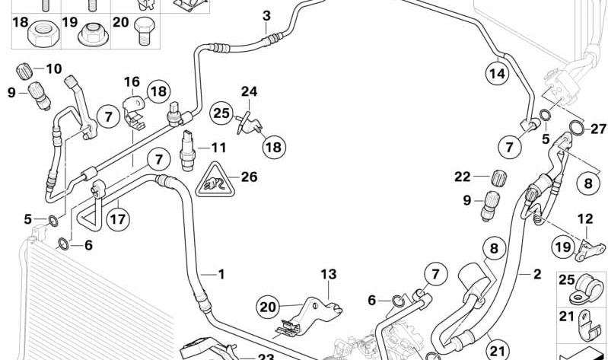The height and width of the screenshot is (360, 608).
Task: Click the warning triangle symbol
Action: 215,180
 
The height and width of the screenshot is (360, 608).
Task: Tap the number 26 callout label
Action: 249,177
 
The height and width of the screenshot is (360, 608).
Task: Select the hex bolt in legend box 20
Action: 144,30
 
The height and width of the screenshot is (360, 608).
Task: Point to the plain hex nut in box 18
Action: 43,33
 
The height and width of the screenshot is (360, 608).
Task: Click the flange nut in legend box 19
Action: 93,34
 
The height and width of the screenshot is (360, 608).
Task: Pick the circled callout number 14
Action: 498,73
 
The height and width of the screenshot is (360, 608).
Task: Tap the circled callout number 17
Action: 118,219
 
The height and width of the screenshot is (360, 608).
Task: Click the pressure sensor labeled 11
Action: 187,151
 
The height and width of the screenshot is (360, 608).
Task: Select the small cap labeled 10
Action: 24,72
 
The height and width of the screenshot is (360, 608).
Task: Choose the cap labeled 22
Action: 498,178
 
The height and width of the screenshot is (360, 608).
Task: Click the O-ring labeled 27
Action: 577,129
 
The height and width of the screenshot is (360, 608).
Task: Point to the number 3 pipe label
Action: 266,16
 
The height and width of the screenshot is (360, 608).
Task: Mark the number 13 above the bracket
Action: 329,274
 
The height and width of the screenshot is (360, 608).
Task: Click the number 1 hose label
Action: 221,274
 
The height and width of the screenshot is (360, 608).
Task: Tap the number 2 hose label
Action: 537,274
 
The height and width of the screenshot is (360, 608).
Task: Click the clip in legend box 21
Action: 587,323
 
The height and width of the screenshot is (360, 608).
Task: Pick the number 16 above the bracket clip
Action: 132,82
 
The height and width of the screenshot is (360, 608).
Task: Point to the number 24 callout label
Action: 250,91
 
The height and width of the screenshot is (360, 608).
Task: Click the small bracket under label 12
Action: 590,250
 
